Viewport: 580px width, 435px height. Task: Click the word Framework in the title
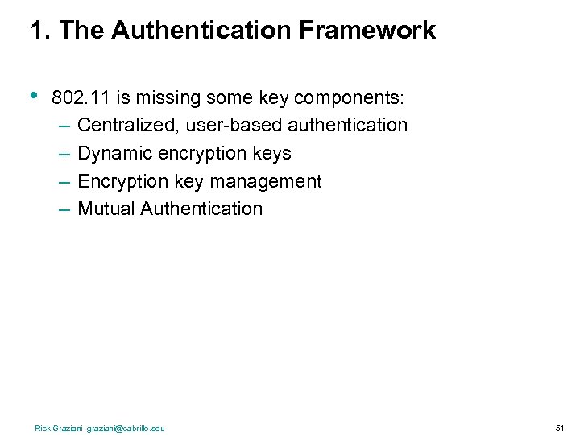click(367, 31)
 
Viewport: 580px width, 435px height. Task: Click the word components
click(350, 98)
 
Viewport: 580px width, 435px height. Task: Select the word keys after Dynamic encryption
click(271, 153)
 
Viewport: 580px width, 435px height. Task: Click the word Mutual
click(106, 209)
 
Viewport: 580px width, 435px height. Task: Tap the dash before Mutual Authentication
click(64, 209)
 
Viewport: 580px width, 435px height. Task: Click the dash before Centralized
click(64, 126)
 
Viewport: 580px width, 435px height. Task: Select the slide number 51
click(560, 428)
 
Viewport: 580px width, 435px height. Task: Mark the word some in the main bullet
click(222, 98)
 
